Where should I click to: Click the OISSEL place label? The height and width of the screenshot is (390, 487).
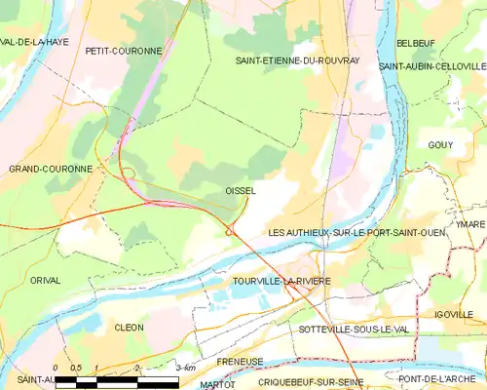pyautogui.click(x=240, y=191)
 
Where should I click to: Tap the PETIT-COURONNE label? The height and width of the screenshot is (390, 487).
pyautogui.click(x=122, y=50)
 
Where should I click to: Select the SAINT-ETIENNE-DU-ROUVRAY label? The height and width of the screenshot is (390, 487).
pyautogui.click(x=297, y=60)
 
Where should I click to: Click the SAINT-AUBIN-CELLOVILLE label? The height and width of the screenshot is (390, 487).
pyautogui.click(x=431, y=65)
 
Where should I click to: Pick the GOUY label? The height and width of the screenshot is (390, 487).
pyautogui.click(x=440, y=145)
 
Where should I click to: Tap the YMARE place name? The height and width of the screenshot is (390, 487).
pyautogui.click(x=469, y=223)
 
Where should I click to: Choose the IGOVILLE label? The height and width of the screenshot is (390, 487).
pyautogui.click(x=454, y=314)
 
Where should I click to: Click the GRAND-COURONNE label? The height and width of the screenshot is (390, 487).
pyautogui.click(x=51, y=169)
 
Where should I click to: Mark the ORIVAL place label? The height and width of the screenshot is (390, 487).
pyautogui.click(x=45, y=280)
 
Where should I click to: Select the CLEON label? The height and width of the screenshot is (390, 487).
pyautogui.click(x=129, y=328)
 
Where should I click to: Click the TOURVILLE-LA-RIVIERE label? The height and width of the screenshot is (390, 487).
pyautogui.click(x=281, y=281)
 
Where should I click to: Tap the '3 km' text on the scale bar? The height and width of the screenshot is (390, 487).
pyautogui.click(x=182, y=368)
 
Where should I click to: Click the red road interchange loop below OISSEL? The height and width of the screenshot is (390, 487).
pyautogui.click(x=231, y=231)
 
